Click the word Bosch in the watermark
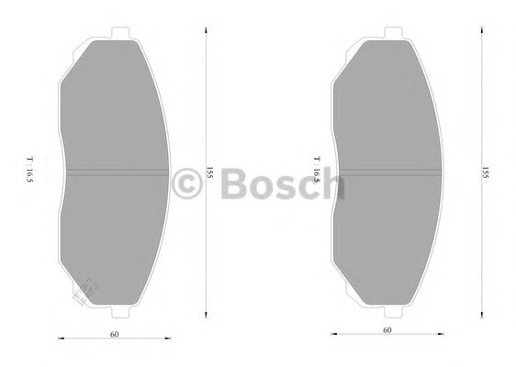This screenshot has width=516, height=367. tap(277, 183)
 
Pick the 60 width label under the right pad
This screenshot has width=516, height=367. tap(387, 330)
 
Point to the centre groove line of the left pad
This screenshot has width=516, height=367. tap(115, 173)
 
